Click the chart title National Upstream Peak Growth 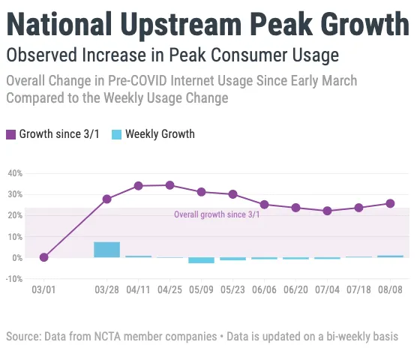point(208,24)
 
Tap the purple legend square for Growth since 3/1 point(11,135)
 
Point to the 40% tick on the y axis point(14,173)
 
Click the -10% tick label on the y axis point(14,279)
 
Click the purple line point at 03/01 point(44,257)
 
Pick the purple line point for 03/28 point(106,199)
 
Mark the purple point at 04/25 point(169,185)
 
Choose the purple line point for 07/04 point(327,211)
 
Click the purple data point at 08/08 point(390,203)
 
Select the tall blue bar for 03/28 point(106,250)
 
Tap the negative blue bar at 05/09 point(201,260)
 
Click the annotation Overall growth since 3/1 point(217,214)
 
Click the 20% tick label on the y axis point(14,215)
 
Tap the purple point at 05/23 point(232,194)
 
